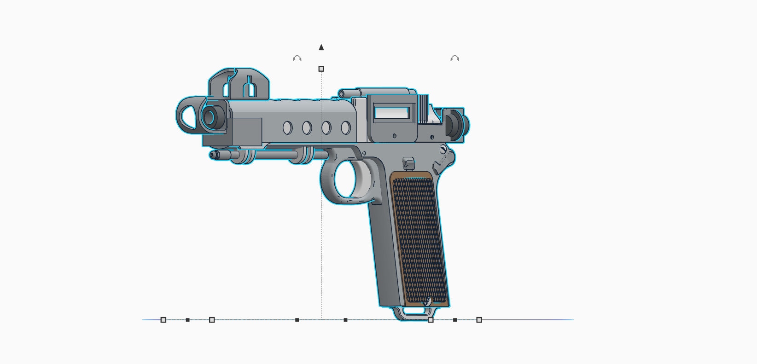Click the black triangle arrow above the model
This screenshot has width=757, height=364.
coord(321,47)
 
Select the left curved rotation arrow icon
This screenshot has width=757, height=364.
coord(297,58)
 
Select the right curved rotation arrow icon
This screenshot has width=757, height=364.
coord(455,58)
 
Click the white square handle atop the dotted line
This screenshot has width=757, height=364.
coord(321,69)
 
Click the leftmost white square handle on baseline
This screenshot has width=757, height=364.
coord(163,320)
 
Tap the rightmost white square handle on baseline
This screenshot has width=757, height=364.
coord(479,320)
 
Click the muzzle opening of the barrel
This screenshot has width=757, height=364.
coord(210,117)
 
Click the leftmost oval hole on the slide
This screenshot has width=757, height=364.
coord(287,128)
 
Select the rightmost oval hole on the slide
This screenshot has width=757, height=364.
coord(346,128)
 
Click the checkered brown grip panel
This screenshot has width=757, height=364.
coord(419,239)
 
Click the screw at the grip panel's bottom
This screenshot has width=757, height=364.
coord(428,301)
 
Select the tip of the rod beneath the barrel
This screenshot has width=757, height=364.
coord(213,155)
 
